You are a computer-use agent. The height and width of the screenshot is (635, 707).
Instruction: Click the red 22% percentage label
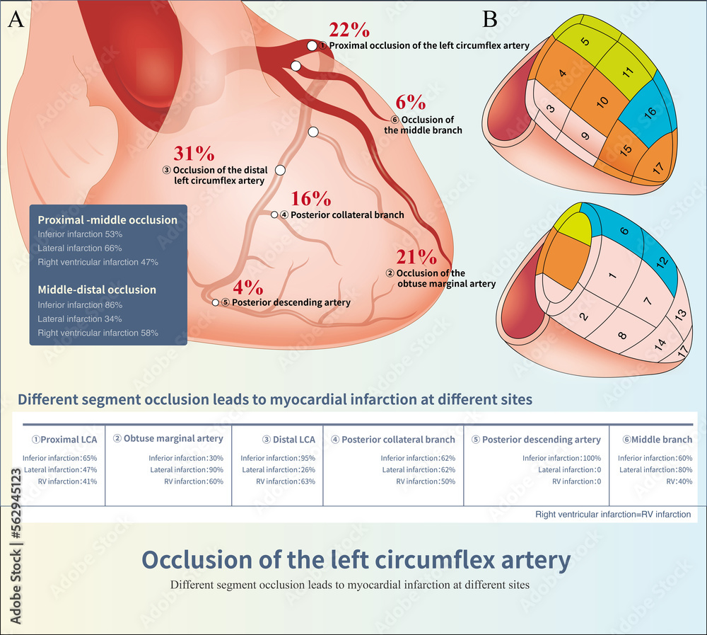349,30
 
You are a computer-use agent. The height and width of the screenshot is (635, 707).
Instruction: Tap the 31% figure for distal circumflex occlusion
194,154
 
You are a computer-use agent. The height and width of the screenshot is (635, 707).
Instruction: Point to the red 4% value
248,287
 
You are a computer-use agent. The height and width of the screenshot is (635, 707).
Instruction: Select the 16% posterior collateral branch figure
311,198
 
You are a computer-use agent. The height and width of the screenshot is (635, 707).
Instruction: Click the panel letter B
490,19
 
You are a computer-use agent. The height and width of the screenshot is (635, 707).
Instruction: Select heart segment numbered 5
585,41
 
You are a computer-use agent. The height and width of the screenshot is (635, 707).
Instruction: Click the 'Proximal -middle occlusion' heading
107,219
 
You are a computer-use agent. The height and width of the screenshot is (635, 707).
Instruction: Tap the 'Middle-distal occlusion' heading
97,290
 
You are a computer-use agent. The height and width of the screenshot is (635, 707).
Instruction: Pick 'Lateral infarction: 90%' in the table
186,469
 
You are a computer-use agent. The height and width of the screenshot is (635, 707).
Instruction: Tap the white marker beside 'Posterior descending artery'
216,302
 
